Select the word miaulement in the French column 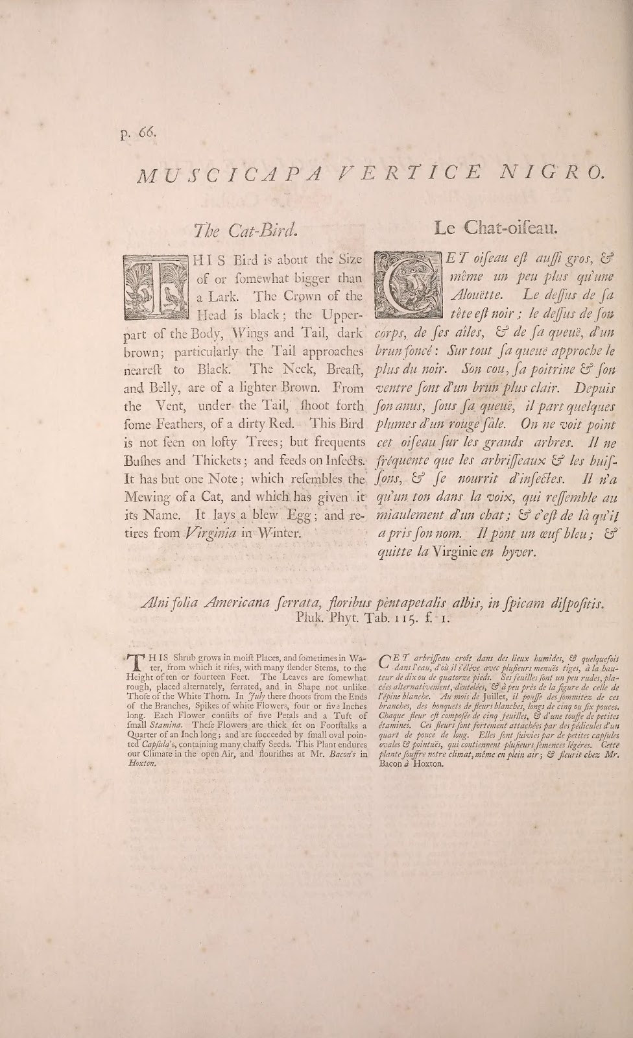[x=416, y=516]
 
